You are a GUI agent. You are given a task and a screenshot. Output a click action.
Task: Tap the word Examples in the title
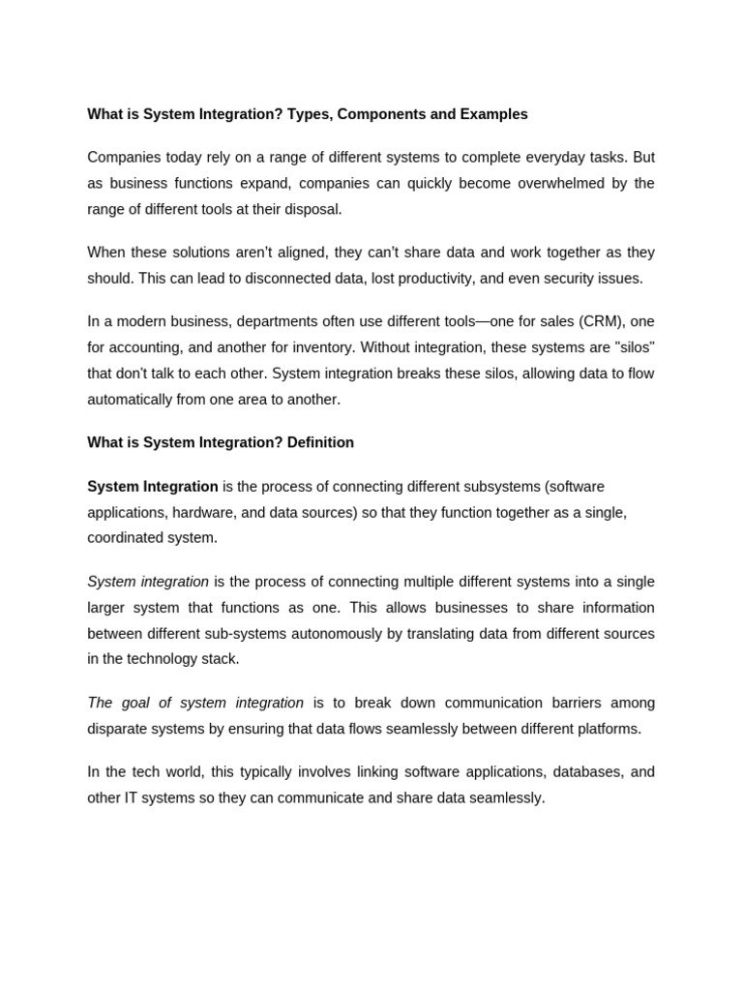[492, 114]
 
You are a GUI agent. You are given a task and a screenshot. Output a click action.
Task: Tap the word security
[550, 278]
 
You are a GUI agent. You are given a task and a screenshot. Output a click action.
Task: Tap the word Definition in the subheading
[320, 442]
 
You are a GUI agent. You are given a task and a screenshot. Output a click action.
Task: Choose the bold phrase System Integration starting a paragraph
[153, 487]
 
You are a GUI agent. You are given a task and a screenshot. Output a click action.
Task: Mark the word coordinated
[128, 537]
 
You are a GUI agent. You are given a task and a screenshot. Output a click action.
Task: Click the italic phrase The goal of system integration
[195, 703]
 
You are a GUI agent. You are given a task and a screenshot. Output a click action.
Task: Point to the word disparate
[118, 728]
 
